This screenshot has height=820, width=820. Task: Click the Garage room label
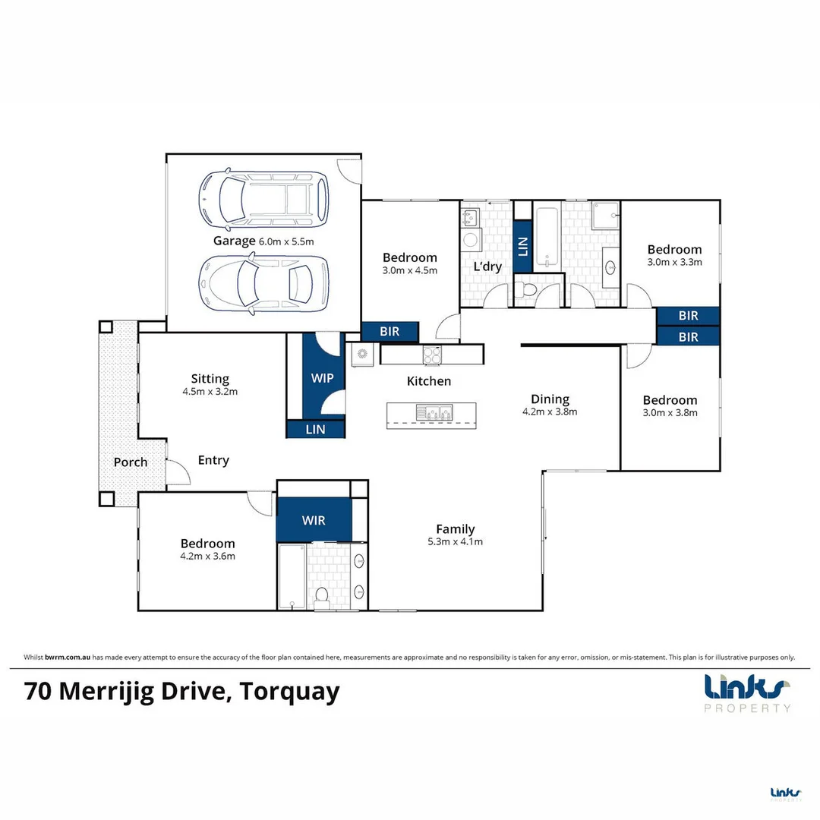[x=234, y=241]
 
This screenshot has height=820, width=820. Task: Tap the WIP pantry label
[x=322, y=378]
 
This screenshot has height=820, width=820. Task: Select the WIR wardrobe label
[x=314, y=520]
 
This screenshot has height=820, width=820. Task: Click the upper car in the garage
[x=263, y=199]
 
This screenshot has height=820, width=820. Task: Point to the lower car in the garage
[x=263, y=284]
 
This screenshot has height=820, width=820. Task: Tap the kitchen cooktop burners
[x=432, y=355]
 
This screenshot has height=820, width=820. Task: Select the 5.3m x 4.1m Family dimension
[x=455, y=542]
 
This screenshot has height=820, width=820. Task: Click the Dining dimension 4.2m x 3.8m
[x=550, y=412]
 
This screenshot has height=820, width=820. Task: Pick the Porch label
[x=131, y=462]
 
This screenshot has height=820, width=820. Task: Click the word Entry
[x=213, y=461]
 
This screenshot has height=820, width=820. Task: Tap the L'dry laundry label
[x=487, y=266]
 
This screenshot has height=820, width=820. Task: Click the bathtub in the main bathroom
[x=547, y=238]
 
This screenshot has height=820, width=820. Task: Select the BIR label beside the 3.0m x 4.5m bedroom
[x=389, y=332]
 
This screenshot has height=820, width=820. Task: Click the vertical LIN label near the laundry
[x=522, y=246]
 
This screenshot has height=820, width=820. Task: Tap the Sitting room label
[x=210, y=378]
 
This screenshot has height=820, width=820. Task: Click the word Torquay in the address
[x=290, y=692]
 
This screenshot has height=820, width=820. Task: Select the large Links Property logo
[x=747, y=693]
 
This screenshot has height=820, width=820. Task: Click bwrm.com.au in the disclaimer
[x=68, y=658]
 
